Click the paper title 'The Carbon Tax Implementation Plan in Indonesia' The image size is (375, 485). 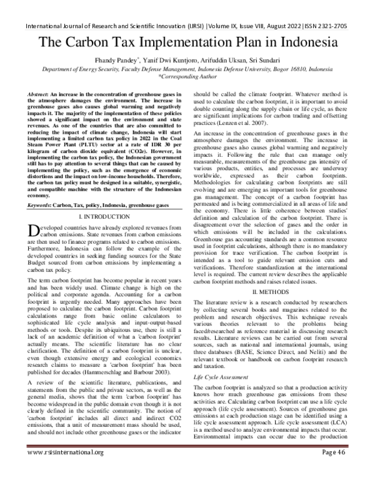point(187,43)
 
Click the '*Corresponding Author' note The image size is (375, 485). point(187,79)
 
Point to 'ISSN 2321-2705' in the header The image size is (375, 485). point(338,9)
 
